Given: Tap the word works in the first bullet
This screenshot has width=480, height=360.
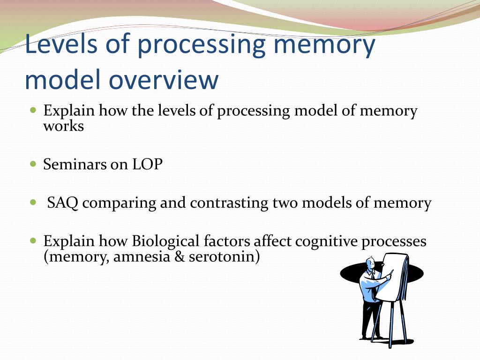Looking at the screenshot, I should [x=63, y=126].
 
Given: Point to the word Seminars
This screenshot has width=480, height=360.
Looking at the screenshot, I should [x=75, y=165].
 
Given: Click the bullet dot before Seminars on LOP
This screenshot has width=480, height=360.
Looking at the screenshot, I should [x=33, y=165].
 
